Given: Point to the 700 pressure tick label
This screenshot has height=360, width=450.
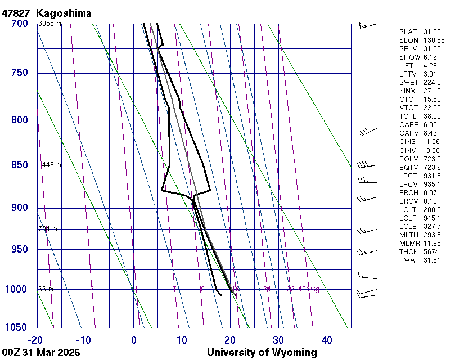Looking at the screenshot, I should point(19,24).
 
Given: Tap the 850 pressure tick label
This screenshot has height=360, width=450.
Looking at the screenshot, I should point(19,165).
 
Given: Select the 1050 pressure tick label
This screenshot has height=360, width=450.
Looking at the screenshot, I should point(17,328).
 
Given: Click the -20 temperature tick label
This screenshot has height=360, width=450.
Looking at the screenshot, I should point(35,340).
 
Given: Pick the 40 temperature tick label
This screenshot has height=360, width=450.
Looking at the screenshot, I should point(327,340).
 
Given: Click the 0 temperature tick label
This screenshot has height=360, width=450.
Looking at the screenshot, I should point(134,340).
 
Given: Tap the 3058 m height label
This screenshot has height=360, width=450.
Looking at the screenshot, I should point(49,24).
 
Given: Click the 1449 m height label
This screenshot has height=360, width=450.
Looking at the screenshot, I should point(49,165).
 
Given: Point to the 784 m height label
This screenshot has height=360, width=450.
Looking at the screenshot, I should point(48,229).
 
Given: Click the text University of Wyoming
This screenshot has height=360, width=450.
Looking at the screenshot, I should point(262,353).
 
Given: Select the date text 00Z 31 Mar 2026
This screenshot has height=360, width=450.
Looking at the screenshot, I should point(40,353).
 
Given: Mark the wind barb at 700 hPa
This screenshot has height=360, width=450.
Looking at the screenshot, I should point(367,25).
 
